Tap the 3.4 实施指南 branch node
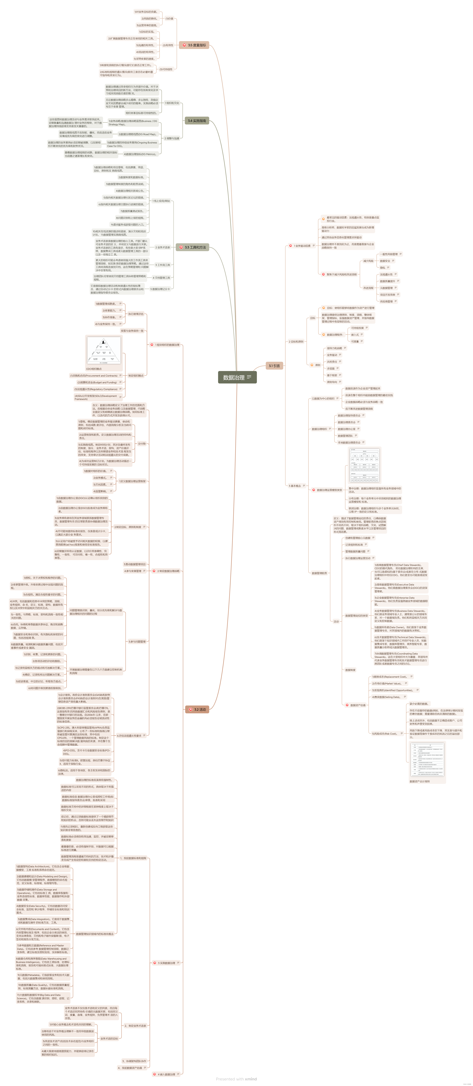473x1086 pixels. tap(196, 121)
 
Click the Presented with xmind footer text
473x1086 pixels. tap(236, 1079)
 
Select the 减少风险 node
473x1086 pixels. tap(368, 261)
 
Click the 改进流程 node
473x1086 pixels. tap(368, 288)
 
